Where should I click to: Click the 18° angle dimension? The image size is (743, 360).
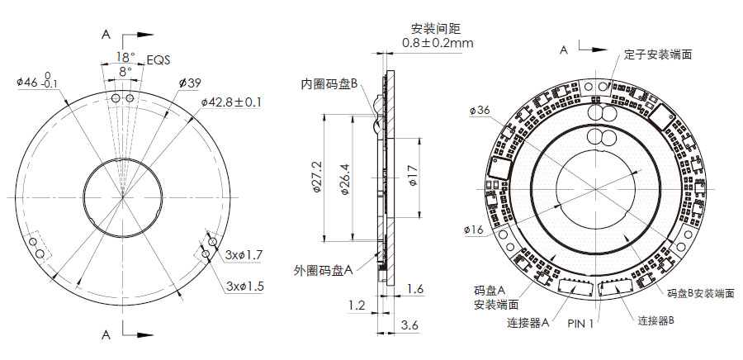(x=124, y=57)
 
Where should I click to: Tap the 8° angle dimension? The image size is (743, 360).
(x=124, y=72)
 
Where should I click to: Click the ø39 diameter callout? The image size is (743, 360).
(x=190, y=83)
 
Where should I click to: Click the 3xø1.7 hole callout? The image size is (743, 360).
(x=243, y=255)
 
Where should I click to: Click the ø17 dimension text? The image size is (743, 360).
(x=414, y=177)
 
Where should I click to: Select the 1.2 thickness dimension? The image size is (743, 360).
(x=357, y=306)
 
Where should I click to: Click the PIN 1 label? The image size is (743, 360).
(x=581, y=324)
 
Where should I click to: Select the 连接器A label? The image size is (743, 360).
(x=528, y=324)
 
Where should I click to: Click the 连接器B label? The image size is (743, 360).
(x=657, y=320)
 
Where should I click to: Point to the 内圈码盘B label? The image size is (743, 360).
(x=328, y=83)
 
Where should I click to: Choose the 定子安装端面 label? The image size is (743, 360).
(x=657, y=54)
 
